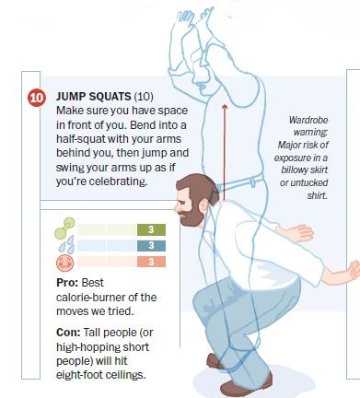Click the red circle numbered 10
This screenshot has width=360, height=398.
[x=37, y=98]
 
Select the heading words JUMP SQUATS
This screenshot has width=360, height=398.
[x=94, y=97]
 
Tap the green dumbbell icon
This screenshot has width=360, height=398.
[x=64, y=228]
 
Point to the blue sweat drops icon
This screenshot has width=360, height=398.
[x=66, y=244]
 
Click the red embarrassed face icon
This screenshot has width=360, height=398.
[x=64, y=263]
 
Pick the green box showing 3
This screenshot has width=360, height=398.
[x=151, y=229]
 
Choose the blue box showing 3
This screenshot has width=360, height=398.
[x=151, y=246]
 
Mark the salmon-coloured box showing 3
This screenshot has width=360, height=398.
[x=151, y=262]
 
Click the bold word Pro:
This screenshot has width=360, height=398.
[x=67, y=283]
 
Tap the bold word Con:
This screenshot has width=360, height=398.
[x=68, y=333]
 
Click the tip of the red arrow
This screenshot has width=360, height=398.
[x=225, y=105]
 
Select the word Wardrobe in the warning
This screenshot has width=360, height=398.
[x=308, y=120]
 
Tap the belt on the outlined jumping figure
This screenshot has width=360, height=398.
[x=242, y=182]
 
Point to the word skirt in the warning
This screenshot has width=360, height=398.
[x=319, y=170]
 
